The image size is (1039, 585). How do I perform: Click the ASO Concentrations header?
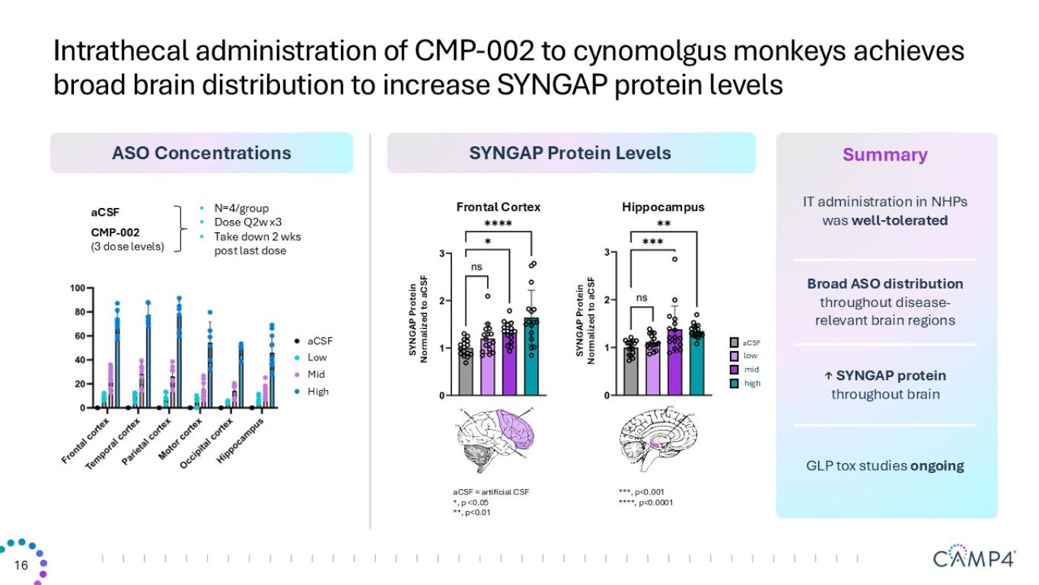[x=201, y=153]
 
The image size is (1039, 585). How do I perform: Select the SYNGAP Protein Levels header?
[x=570, y=153]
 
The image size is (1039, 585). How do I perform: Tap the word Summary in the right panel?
[x=884, y=155]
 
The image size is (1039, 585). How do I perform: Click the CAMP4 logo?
[x=974, y=558]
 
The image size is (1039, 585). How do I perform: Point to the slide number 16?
[x=21, y=565]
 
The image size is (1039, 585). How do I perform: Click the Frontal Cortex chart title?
[x=498, y=207]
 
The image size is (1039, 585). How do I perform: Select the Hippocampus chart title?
[x=663, y=207]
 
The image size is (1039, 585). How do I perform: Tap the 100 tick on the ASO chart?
[x=76, y=289]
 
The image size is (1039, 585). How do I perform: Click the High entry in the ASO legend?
[x=318, y=392]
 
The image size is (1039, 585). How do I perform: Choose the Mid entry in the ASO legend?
[x=316, y=375]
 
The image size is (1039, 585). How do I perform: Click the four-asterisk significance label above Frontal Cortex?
[x=498, y=224]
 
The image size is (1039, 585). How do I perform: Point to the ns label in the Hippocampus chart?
[x=642, y=298]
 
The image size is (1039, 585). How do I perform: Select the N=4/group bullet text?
[x=241, y=209]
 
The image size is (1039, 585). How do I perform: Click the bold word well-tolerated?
[x=899, y=221]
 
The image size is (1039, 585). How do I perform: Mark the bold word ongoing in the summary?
[x=937, y=466]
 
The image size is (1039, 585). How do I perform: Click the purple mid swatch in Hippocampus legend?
[x=735, y=369]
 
